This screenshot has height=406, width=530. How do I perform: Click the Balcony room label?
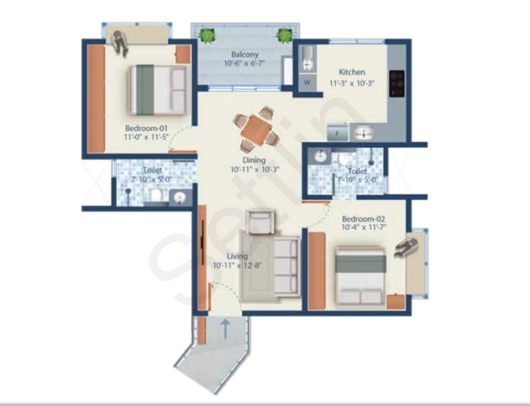[x=245, y=55]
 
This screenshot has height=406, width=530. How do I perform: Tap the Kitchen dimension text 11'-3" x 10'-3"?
[x=352, y=83]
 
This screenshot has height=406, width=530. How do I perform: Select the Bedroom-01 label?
[x=142, y=129]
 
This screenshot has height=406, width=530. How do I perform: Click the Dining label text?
[x=254, y=160]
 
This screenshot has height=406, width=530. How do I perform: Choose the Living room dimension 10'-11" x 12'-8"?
[x=237, y=266]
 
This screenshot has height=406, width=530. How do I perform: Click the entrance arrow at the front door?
[x=225, y=328]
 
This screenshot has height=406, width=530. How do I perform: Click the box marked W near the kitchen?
[x=307, y=82]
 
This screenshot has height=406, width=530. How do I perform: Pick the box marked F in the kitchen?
[x=338, y=133]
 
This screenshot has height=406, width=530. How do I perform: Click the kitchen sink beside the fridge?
[x=363, y=133]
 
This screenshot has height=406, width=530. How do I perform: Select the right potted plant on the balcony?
[x=284, y=35]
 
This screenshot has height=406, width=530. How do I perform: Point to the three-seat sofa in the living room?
[x=286, y=266]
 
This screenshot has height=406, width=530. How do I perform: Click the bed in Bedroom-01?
[x=158, y=90]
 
